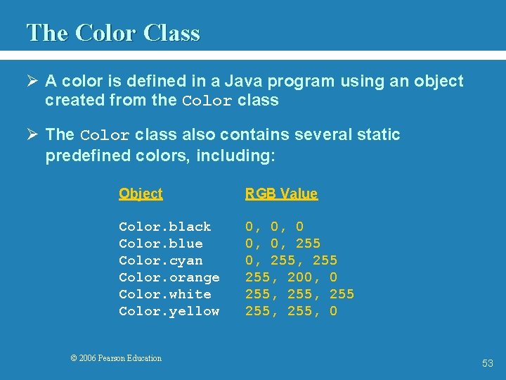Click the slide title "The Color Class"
(113, 33)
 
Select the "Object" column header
(141, 194)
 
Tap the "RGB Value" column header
(281, 194)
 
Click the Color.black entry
(165, 227)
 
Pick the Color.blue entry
(161, 243)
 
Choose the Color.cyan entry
(161, 260)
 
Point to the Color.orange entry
(169, 277)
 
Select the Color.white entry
(165, 294)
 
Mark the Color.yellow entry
(169, 311)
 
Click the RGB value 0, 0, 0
(274, 227)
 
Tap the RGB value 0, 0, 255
(283, 243)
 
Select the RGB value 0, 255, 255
(291, 260)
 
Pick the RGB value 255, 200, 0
(291, 277)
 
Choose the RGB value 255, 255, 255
(299, 294)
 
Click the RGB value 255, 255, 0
(291, 311)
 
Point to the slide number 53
(488, 363)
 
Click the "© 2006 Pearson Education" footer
(116, 358)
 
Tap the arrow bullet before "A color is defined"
(32, 82)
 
